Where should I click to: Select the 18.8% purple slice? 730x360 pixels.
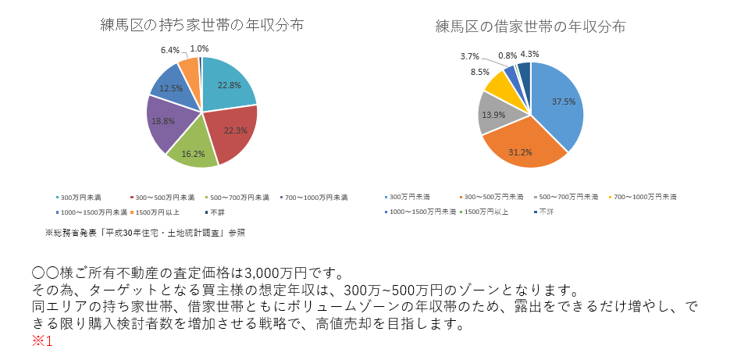(x=164, y=122)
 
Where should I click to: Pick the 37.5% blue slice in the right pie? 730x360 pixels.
(x=561, y=102)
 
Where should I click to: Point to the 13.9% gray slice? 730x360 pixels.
(x=493, y=115)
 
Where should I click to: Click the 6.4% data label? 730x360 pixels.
(x=170, y=49)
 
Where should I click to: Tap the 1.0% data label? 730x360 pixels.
(x=199, y=49)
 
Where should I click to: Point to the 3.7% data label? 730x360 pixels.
(x=469, y=56)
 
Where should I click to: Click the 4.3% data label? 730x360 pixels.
(x=529, y=55)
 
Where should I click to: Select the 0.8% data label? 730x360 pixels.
(x=507, y=55)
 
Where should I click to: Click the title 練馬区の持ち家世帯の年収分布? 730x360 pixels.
(x=201, y=25)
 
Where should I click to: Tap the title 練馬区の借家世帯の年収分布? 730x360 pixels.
(x=530, y=27)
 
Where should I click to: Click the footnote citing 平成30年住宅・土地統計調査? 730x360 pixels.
(x=144, y=232)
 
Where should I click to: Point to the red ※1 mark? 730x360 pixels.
(x=42, y=341)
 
